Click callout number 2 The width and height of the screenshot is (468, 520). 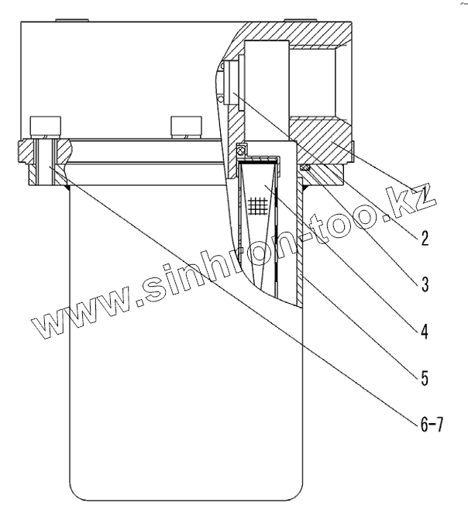coord(424,237)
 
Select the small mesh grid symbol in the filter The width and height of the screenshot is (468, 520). coord(259,205)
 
